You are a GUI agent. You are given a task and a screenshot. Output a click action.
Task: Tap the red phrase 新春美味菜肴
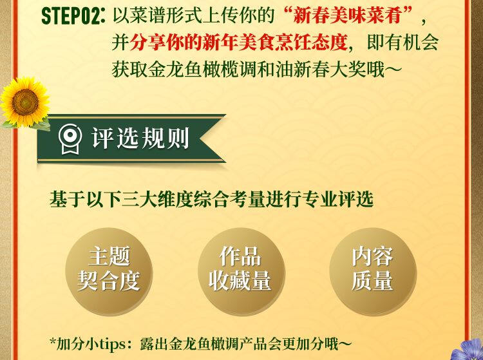(347, 15)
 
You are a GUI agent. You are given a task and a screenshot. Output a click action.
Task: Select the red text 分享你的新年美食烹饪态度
(239, 43)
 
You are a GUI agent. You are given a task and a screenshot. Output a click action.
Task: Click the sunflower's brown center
(25, 102)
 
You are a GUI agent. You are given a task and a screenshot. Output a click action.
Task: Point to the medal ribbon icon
(70, 138)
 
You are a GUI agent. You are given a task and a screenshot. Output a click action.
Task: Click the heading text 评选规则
(140, 138)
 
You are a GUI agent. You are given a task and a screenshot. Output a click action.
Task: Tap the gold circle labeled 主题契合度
(109, 271)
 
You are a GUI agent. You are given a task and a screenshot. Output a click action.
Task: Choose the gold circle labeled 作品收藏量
(241, 271)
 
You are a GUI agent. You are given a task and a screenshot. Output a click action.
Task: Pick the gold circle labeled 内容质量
(372, 271)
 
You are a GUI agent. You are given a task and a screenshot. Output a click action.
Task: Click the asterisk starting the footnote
(53, 342)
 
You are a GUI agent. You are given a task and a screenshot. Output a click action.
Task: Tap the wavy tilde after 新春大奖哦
(393, 70)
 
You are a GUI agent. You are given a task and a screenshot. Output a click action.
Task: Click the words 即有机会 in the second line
(402, 43)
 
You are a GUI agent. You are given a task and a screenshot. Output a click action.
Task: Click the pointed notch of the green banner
(201, 138)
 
